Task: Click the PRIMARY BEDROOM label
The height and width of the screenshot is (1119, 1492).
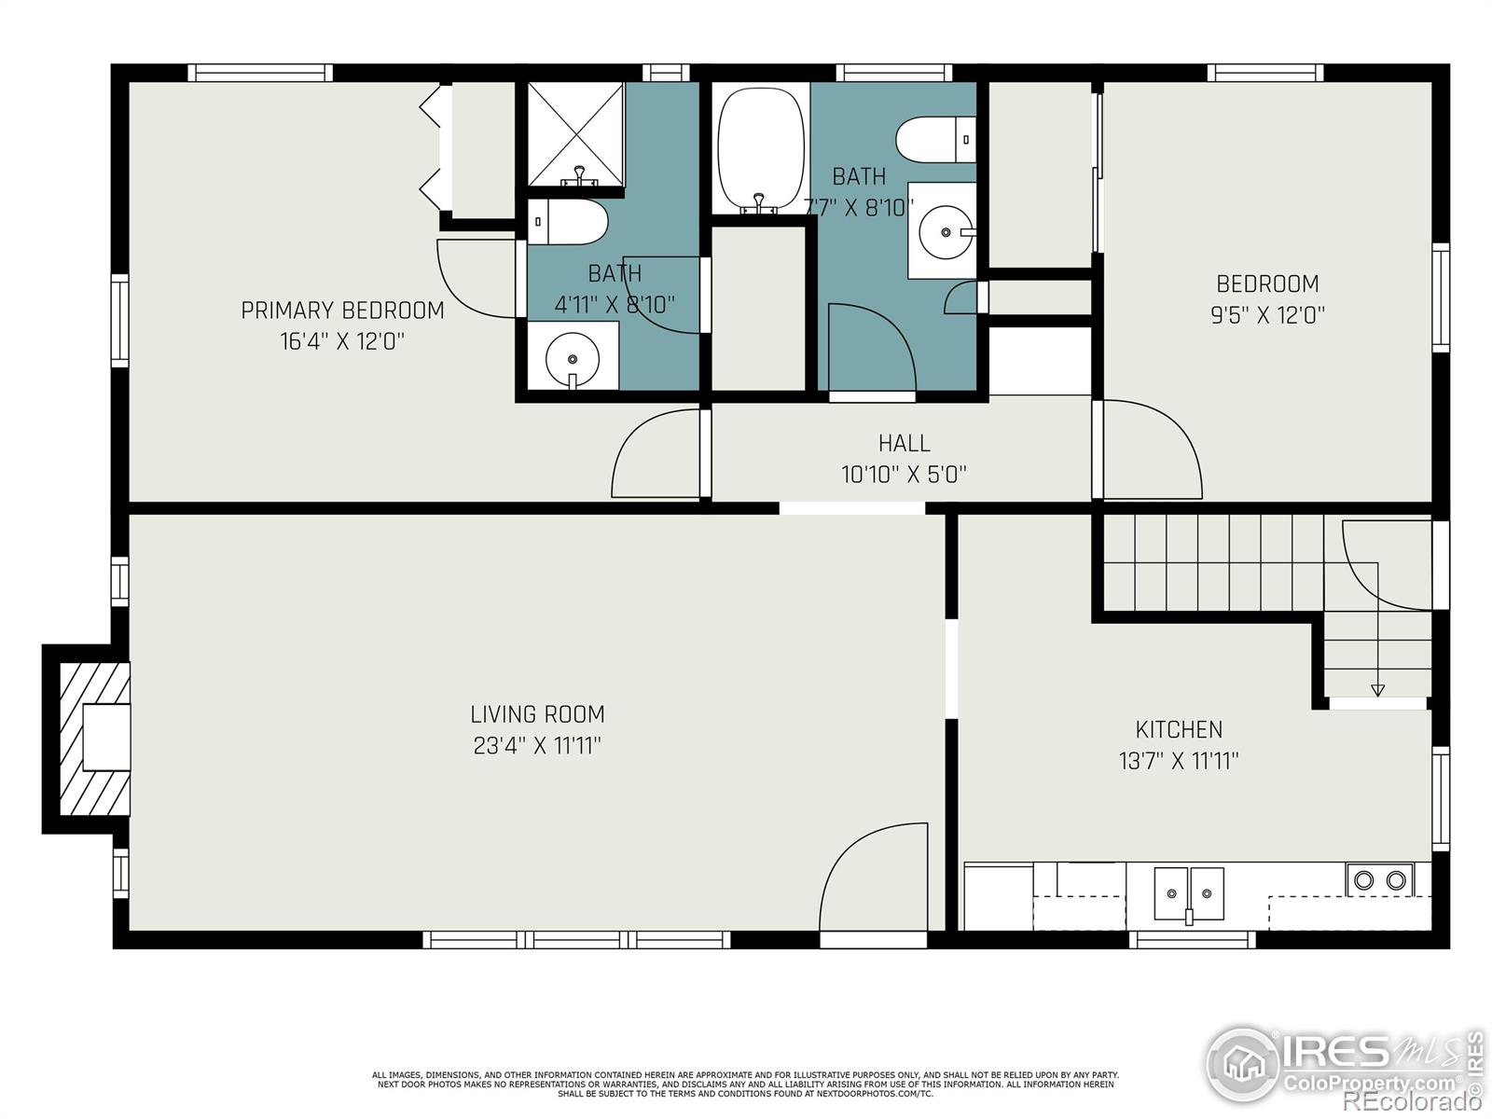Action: point(342,311)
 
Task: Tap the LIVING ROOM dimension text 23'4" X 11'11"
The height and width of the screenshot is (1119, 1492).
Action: point(537,746)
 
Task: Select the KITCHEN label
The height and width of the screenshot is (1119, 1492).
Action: point(1179,729)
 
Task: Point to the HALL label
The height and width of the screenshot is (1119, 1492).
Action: point(904,443)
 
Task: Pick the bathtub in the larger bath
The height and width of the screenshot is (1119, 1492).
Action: point(759,150)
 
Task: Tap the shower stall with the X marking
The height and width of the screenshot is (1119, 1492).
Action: point(575,132)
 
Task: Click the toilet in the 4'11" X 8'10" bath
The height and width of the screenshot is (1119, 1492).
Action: point(568,223)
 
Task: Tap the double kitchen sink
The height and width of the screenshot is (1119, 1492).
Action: point(1188,892)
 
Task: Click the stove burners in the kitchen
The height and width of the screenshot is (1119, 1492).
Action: point(1379,879)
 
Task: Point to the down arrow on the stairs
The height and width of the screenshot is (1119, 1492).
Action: point(1377,689)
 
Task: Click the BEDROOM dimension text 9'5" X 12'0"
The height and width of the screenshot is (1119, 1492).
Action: point(1267,315)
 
